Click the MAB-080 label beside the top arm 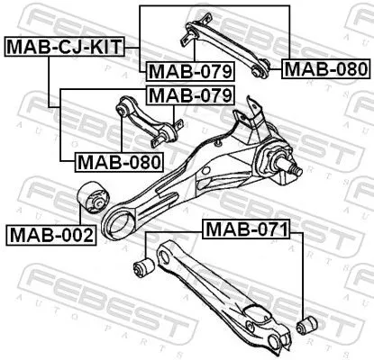point(324,68)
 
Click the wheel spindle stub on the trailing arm point(290,167)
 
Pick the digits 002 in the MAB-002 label point(70,235)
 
